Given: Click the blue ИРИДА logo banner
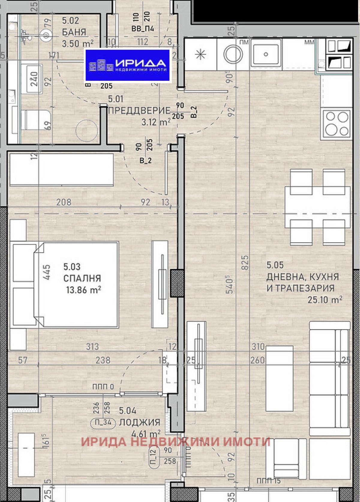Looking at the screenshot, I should click(127, 65).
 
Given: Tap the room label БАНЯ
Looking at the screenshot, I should click(74, 32).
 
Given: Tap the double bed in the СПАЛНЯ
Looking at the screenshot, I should click(76, 284).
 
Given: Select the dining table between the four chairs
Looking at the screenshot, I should click(317, 207).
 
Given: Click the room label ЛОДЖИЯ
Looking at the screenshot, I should click(139, 422).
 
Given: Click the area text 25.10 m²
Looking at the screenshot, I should click(325, 299).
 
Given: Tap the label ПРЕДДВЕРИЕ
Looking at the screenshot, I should click(139, 110).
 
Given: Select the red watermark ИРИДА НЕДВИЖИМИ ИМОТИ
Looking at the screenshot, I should click(176, 442).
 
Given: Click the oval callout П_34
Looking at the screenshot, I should click(103, 422).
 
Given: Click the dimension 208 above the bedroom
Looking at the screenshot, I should click(64, 202).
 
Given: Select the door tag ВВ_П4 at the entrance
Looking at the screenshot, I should click(143, 29).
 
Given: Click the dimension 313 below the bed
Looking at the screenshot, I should click(92, 346).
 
